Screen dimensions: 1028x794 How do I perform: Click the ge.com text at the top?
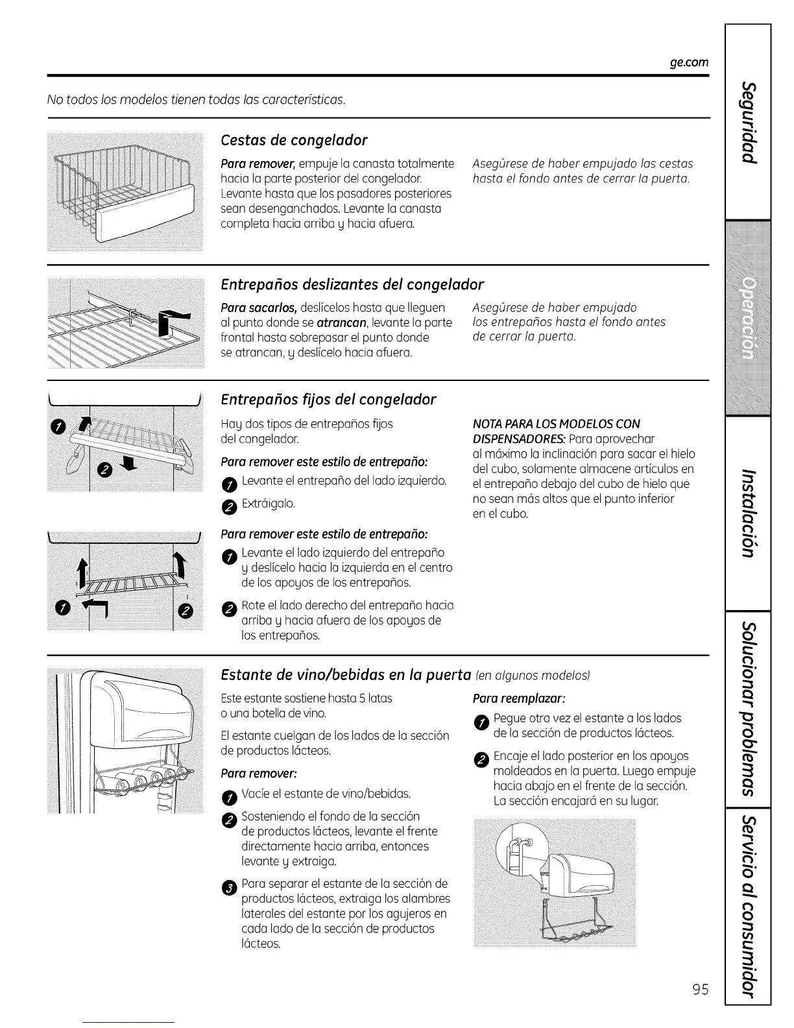[689, 62]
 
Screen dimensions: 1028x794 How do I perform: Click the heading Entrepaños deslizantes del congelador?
[352, 285]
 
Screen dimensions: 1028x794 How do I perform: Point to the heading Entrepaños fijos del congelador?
[328, 399]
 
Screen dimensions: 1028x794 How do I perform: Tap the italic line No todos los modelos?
[197, 100]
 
